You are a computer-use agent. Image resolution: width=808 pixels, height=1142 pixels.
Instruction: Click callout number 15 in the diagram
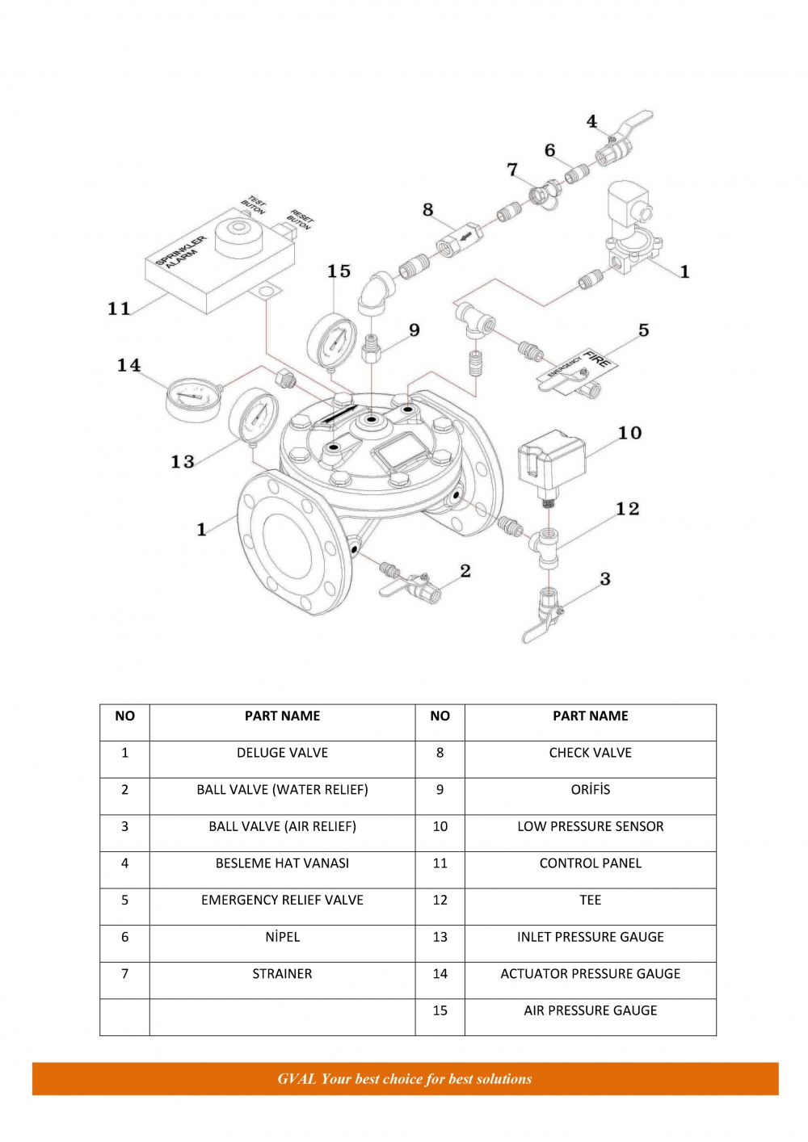339,271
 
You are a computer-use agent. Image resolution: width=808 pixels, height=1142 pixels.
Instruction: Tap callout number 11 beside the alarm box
120,308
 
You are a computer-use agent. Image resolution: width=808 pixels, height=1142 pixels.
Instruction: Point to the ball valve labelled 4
621,142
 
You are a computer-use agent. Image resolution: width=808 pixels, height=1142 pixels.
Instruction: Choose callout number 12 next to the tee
627,509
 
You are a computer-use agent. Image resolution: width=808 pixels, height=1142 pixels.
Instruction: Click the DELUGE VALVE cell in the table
282,753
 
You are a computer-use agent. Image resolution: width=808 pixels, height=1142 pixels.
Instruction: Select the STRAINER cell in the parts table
282,974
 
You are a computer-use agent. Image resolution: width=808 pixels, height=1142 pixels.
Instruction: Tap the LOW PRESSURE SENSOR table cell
590,827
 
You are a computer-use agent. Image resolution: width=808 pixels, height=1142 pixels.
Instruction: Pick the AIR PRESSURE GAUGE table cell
590,1010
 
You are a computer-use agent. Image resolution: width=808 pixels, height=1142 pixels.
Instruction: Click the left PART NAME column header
282,716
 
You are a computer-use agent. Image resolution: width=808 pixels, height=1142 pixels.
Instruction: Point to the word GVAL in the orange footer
297,1079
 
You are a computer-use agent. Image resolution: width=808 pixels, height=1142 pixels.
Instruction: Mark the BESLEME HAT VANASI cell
282,863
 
